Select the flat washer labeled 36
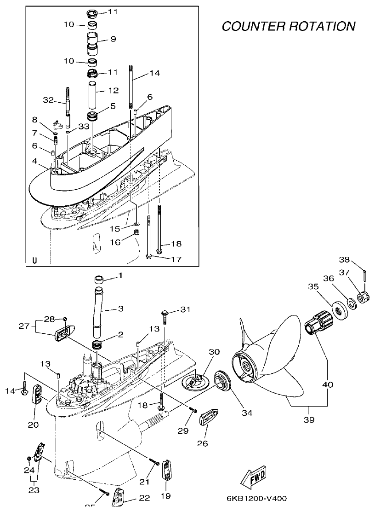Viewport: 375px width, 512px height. (351, 303)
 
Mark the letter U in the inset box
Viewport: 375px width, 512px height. (34, 261)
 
